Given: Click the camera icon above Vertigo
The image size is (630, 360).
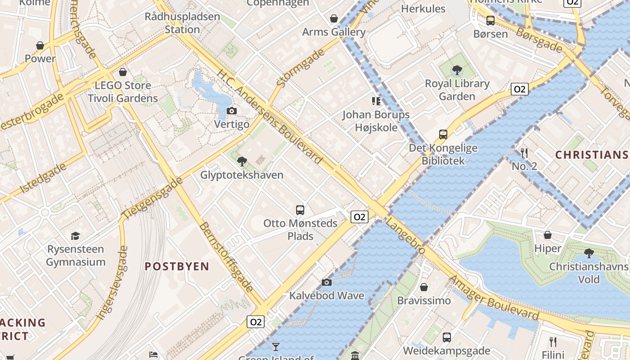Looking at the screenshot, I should (232, 111).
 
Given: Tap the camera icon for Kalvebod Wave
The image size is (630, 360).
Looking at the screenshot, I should (327, 282).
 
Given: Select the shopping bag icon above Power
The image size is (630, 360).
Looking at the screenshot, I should (40, 45).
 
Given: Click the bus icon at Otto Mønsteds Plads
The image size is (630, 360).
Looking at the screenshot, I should (300, 210).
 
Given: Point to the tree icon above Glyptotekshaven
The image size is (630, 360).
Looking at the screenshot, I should (242, 161).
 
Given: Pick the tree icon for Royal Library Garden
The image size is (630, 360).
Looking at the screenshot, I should (457, 70).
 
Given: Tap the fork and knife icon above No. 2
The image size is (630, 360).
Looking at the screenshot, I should (524, 153).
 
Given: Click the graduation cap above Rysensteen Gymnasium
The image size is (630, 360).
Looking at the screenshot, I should (76, 236).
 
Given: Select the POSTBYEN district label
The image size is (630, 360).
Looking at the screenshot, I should (177, 266).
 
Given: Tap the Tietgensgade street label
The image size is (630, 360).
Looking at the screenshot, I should (153, 198).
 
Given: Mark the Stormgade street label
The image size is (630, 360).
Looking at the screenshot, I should (300, 68).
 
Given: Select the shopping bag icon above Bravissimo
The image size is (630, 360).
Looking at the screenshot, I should (424, 287).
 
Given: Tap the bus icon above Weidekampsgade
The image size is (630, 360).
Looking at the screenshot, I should (446, 337).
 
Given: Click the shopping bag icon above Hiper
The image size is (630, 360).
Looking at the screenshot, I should (548, 235).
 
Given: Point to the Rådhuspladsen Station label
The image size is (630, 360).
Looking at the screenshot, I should (182, 23).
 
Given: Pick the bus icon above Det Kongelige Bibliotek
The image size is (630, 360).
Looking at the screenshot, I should (443, 134).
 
